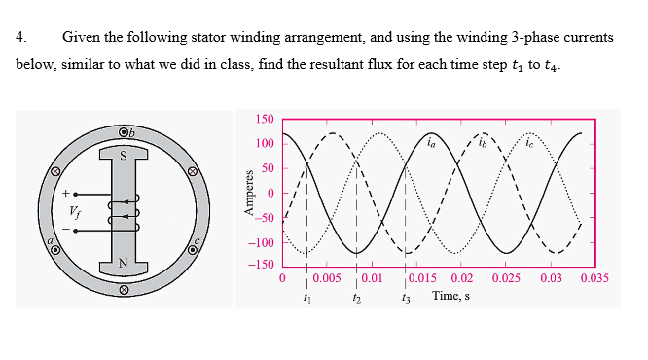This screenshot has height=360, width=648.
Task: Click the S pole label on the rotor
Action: coord(122,154)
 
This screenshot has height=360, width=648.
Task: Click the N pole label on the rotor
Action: coord(122,262)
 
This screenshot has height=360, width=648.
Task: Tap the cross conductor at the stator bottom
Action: coord(124,289)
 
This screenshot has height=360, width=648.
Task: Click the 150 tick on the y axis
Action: coord(264,120)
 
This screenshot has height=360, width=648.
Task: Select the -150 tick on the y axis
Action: coord(260,266)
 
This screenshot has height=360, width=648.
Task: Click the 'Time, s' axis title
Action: coord(451,295)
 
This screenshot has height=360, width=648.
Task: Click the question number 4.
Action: coord(20,38)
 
